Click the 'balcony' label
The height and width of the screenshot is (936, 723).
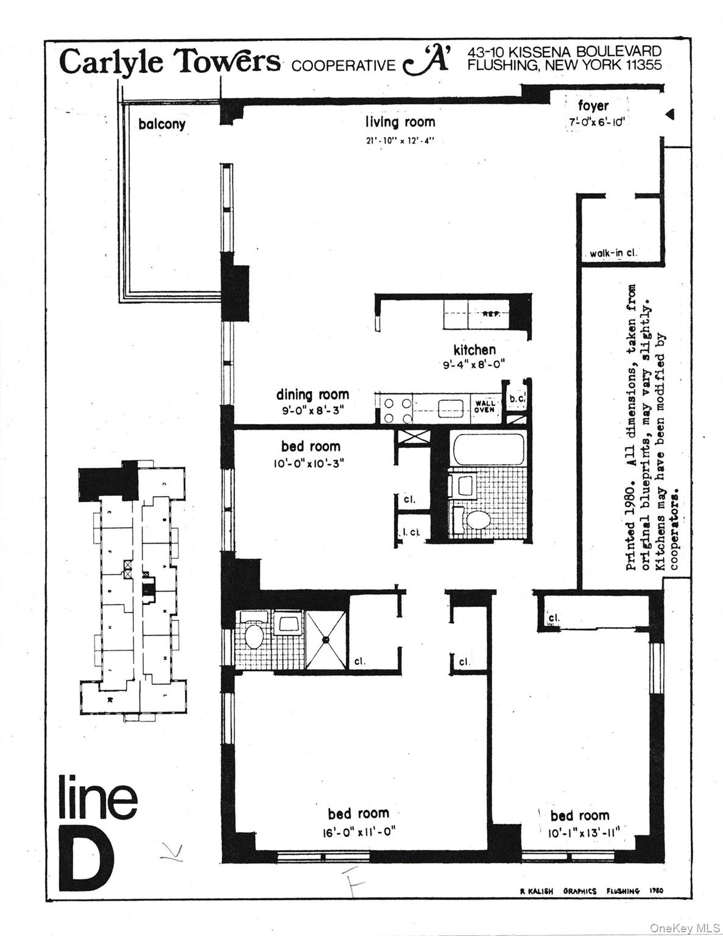tap(161, 124)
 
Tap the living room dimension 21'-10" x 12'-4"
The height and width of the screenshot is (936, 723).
tap(400, 140)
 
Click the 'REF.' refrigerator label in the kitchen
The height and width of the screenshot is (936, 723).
tap(491, 315)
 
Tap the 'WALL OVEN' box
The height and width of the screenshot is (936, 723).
tap(485, 406)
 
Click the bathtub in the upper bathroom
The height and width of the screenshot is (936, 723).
tap(489, 450)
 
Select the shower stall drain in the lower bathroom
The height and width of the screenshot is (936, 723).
tap(326, 639)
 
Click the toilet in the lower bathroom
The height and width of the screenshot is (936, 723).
tap(253, 636)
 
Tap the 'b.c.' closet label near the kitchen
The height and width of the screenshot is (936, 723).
tap(517, 399)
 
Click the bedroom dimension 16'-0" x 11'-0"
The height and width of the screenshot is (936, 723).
tap(358, 832)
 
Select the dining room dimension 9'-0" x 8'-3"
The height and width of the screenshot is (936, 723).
tap(312, 411)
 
